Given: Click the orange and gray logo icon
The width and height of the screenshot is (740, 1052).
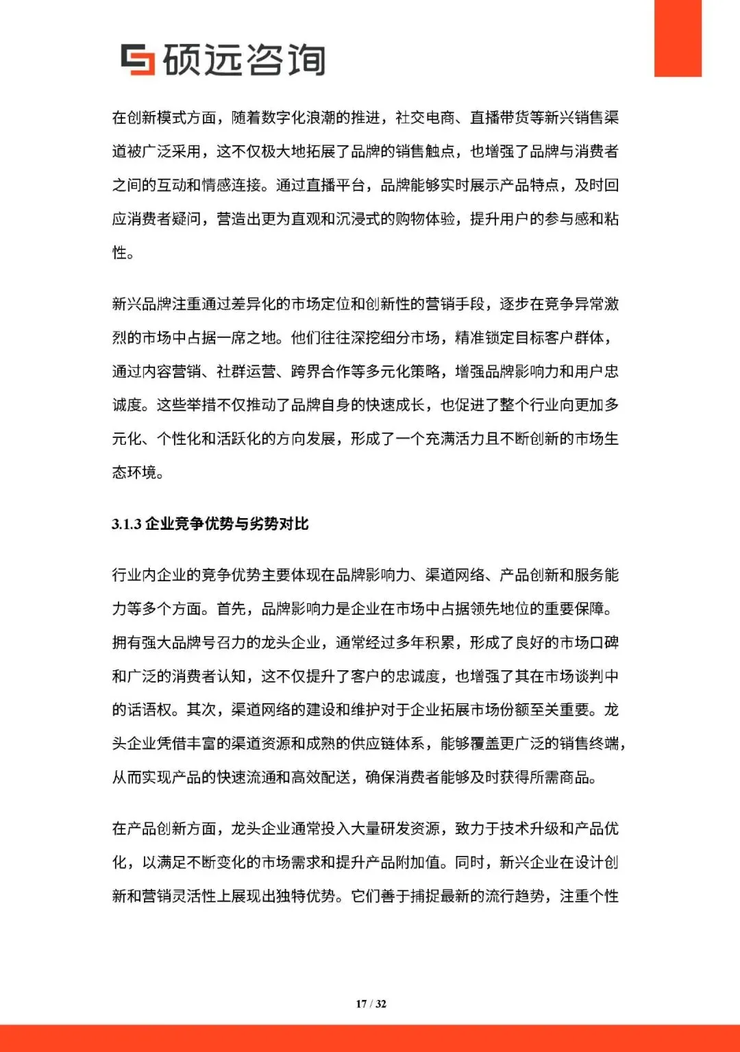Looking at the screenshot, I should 138,60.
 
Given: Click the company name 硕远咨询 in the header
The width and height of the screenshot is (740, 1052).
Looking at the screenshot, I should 244,60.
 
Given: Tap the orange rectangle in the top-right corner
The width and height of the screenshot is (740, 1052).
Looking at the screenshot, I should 677,38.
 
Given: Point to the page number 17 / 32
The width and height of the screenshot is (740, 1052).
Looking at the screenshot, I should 371,1004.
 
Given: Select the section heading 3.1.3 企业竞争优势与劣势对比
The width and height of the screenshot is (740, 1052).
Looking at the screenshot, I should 210,524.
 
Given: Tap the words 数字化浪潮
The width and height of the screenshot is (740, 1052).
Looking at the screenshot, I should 299,118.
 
